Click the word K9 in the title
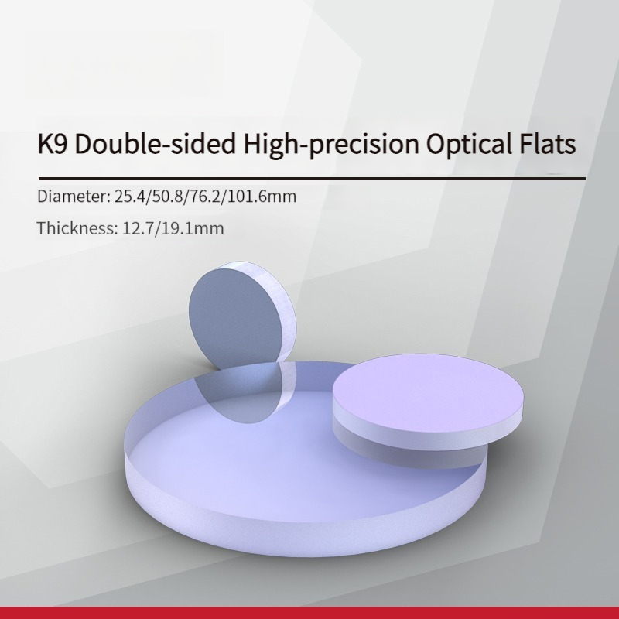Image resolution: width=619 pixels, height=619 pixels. pyautogui.click(x=53, y=143)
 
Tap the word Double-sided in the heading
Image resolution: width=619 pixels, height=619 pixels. pyautogui.click(x=156, y=143)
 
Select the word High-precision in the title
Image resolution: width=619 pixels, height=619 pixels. pyautogui.click(x=331, y=144)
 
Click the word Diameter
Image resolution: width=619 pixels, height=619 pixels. pyautogui.click(x=74, y=197)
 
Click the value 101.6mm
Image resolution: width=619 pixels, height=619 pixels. pyautogui.click(x=262, y=197)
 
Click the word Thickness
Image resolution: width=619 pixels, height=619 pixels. pyautogui.click(x=77, y=228)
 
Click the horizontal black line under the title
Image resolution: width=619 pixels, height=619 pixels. pyautogui.click(x=312, y=179)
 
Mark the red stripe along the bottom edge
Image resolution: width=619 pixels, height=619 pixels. pyautogui.click(x=309, y=613)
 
